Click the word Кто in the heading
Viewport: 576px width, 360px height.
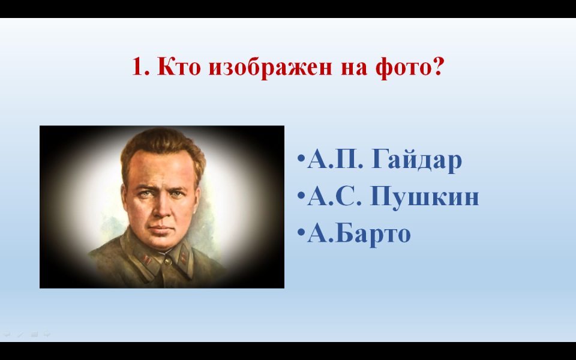pos(179,66)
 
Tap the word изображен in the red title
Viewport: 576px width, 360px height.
pos(270,67)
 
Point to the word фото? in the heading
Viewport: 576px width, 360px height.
pos(410,67)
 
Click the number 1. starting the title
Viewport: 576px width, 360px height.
pos(140,66)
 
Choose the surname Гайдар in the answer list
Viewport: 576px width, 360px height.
pos(416,160)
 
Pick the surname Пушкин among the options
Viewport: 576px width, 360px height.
pos(425,197)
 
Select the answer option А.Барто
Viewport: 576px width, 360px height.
pos(359,234)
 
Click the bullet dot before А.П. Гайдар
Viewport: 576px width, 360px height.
pos(301,158)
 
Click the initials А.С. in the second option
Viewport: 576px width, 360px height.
pos(335,196)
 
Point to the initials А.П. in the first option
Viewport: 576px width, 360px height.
pos(335,159)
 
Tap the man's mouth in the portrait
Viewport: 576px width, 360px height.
pos(161,230)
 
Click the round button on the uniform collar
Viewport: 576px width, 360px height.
pos(168,261)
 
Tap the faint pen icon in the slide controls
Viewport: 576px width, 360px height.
pos(20,335)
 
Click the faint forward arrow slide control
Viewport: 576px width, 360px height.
pos(47,334)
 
